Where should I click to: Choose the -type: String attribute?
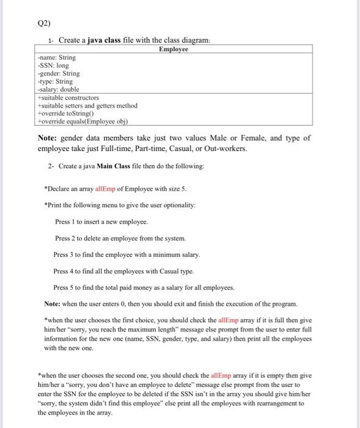[55, 81]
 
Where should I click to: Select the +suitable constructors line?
[68, 97]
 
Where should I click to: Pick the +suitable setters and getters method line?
[87, 105]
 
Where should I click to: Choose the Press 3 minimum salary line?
[127, 254]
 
